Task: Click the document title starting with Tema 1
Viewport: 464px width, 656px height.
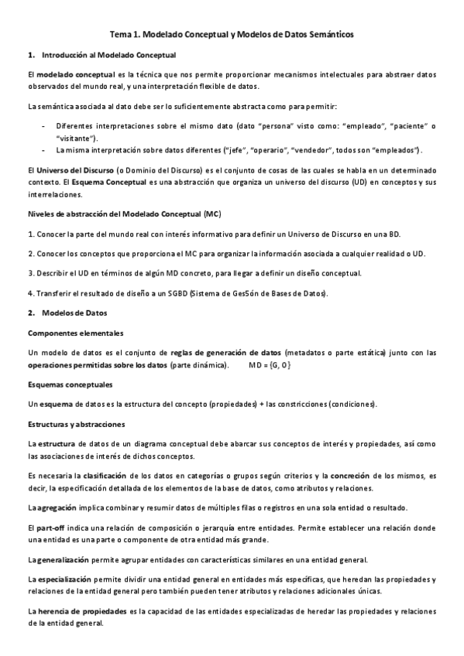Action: [232, 35]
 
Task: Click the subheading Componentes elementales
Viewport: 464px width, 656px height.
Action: [74, 333]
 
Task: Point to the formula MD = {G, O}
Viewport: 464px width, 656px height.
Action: [270, 364]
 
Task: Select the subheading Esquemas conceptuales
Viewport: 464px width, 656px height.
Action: [70, 384]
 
